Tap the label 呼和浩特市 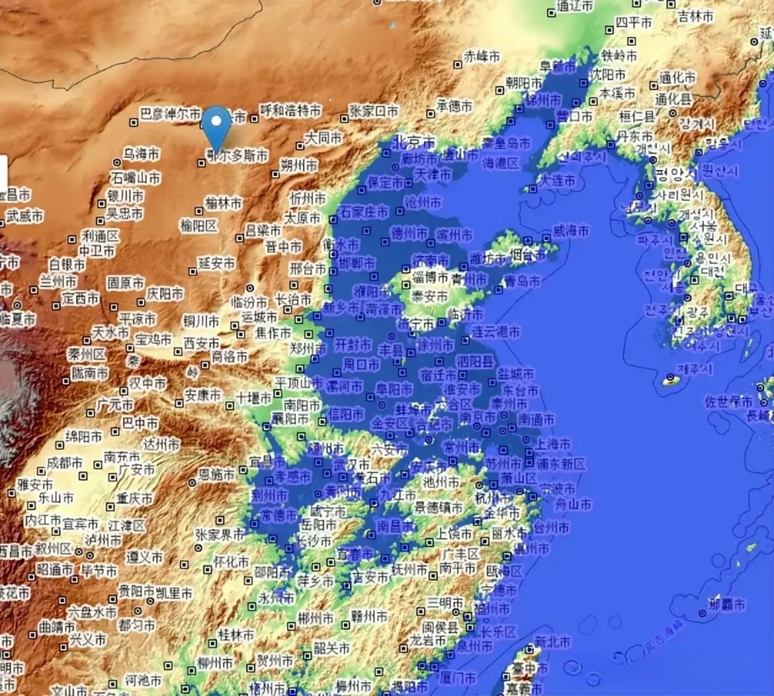290,110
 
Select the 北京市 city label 415,142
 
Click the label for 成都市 64,463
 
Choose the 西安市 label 201,343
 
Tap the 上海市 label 553,444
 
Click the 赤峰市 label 481,55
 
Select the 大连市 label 557,180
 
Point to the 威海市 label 571,231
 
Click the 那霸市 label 727,604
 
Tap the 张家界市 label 220,535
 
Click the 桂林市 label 236,635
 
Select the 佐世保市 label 728,402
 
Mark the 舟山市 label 573,504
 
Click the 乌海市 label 141,154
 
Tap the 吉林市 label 695,17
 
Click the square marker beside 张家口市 344,119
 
